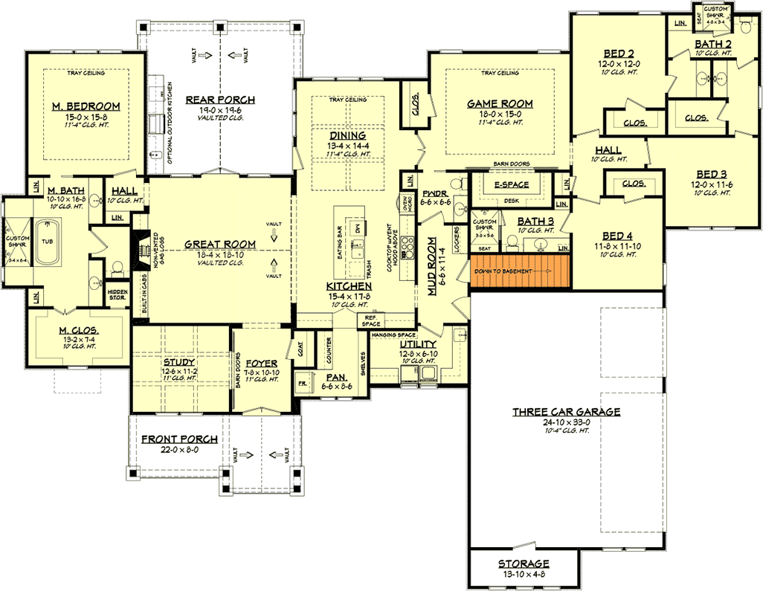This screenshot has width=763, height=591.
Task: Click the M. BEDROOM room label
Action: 86,107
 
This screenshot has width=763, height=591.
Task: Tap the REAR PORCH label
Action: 220,100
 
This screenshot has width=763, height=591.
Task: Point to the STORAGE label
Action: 524,563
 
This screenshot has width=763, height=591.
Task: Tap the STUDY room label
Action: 179,362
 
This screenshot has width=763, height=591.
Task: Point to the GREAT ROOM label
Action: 220,244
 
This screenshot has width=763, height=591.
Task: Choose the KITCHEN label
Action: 349,286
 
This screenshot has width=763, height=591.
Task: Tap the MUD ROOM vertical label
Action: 431,267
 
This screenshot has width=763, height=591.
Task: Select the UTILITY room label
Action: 418,345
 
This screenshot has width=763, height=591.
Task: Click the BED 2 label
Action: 619,53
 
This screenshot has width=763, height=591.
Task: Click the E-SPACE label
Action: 512,184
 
